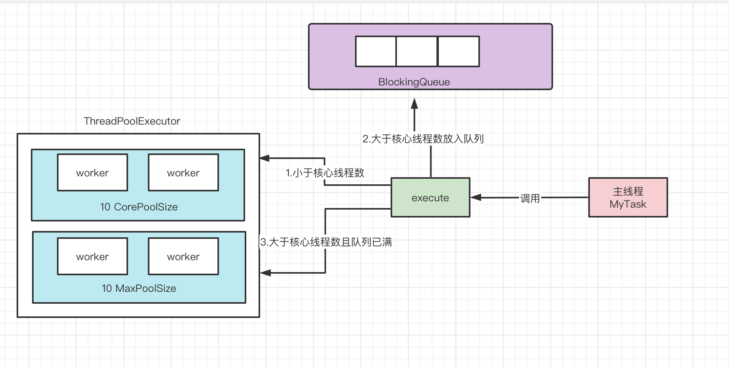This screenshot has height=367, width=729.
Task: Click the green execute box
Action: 430,197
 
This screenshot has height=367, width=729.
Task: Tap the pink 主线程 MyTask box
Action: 628,197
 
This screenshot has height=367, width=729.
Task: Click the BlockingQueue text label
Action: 414,82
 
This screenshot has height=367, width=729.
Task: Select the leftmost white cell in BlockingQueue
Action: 376,51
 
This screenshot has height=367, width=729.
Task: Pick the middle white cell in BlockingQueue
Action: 417,51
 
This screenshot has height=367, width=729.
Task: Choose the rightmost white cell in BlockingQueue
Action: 459,51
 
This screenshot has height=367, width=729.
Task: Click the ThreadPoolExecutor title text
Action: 132,121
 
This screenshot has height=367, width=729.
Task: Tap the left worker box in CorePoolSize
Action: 93,172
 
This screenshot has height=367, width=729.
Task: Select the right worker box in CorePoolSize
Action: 183,172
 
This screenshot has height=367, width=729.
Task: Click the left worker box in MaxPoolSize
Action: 93,256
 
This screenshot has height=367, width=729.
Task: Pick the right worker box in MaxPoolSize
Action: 183,256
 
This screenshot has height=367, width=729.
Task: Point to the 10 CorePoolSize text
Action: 139,207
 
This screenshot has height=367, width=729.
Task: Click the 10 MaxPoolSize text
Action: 139,288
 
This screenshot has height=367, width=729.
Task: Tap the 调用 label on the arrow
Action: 530,198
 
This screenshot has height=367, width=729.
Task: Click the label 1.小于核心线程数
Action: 325,173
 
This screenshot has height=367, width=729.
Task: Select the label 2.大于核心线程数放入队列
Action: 423,139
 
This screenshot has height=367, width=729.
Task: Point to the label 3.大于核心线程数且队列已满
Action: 326,242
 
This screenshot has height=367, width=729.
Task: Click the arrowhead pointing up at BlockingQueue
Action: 414,103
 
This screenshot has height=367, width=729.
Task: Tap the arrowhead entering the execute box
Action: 476,197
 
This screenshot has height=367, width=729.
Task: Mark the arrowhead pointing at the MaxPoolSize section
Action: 265,272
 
